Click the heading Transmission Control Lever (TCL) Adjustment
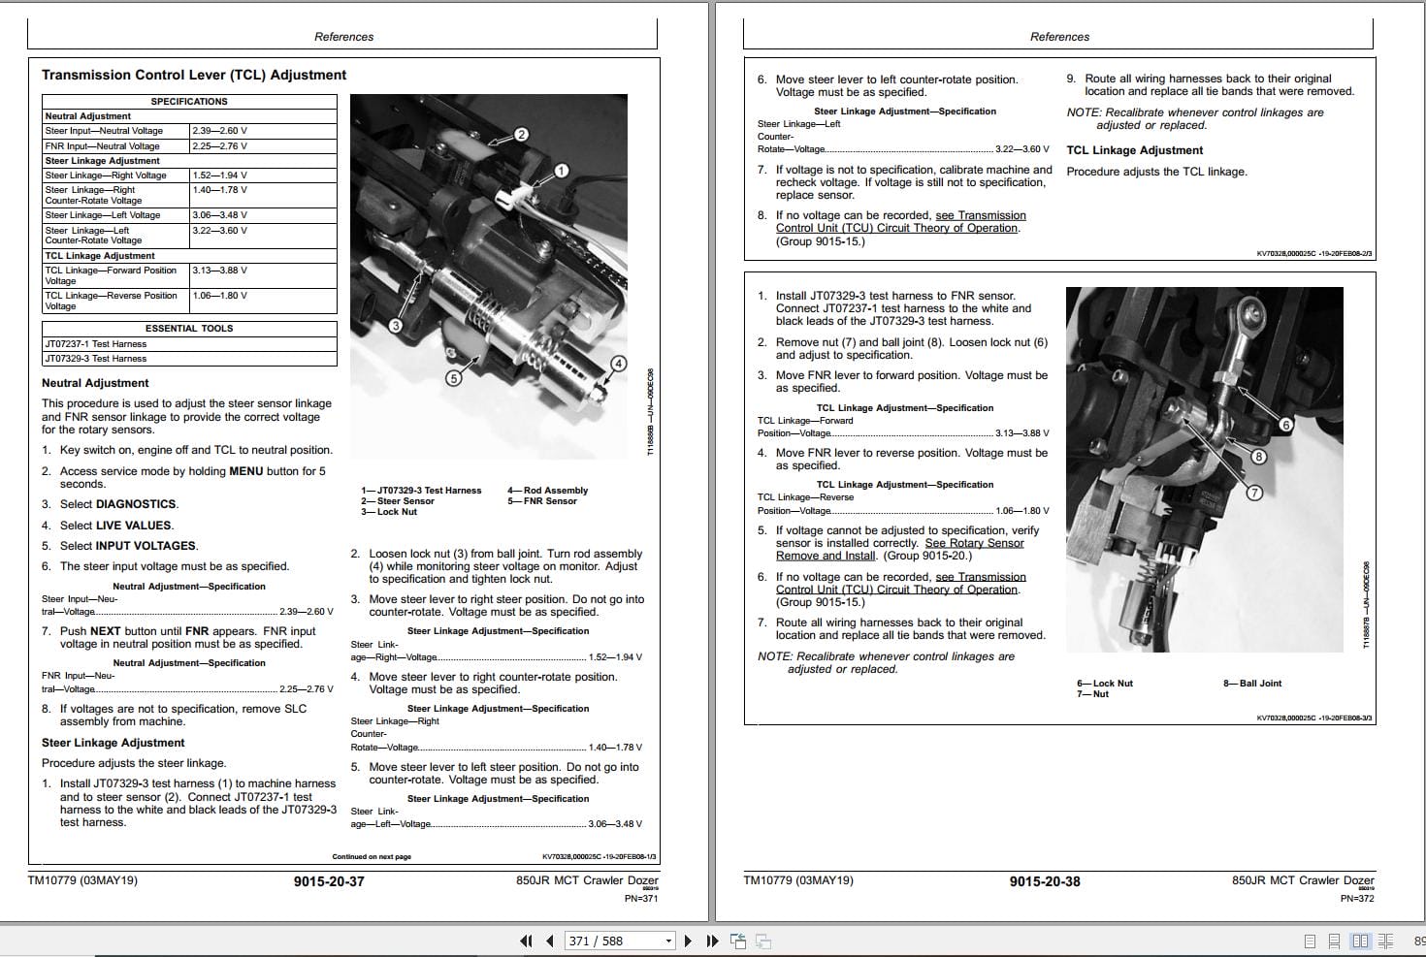pos(194,75)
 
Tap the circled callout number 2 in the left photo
pos(521,135)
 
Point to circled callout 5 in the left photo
pos(453,378)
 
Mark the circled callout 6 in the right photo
pos(1286,425)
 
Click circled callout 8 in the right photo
pos(1258,457)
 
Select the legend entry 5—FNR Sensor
pos(541,501)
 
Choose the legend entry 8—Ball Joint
pos(1252,684)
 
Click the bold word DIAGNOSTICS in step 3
pos(136,504)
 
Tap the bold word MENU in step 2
pos(246,471)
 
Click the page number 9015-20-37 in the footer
pos(329,881)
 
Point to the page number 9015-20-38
pos(1044,881)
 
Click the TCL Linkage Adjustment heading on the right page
pos(1134,150)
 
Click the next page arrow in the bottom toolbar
pos(688,941)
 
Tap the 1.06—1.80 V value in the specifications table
pos(219,296)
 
